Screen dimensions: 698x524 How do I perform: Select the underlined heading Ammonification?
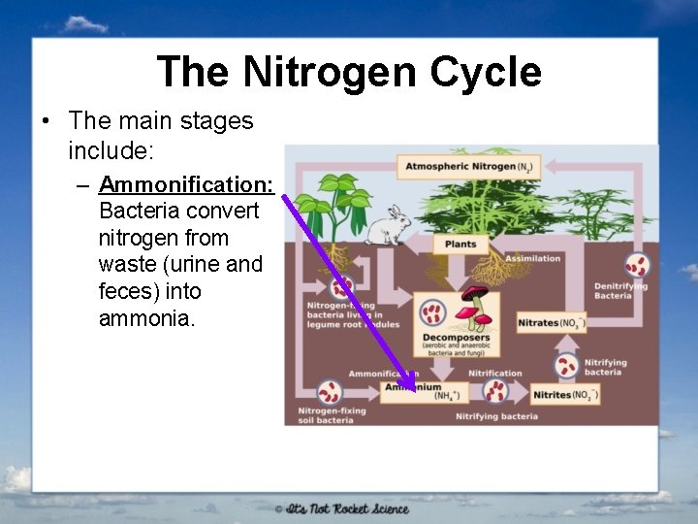click(x=185, y=184)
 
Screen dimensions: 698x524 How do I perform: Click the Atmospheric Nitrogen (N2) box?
click(x=468, y=166)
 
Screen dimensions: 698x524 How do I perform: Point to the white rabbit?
click(x=387, y=226)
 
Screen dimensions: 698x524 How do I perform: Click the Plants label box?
click(x=460, y=244)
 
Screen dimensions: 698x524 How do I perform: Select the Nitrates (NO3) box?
click(x=552, y=322)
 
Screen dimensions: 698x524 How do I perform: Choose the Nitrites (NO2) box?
click(x=565, y=393)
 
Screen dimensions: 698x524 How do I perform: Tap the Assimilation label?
click(x=532, y=258)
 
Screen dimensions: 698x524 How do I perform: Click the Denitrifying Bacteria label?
click(x=620, y=290)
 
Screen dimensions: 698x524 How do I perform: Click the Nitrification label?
click(x=494, y=373)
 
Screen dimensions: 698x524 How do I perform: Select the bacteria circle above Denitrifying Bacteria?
click(x=637, y=265)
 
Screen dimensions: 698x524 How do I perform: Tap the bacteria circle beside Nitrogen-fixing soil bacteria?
click(x=330, y=393)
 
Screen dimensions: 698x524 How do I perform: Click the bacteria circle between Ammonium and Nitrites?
click(x=496, y=391)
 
